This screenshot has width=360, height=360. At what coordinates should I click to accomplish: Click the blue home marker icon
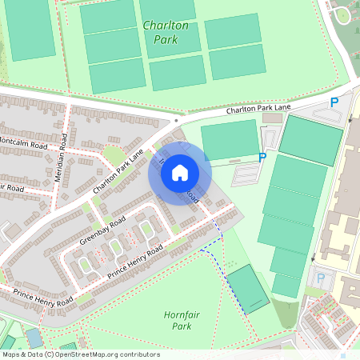click(x=180, y=173)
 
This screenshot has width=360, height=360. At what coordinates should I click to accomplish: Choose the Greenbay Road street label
click(x=102, y=230)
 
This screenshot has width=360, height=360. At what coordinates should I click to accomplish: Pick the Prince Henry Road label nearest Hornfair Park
click(x=135, y=262)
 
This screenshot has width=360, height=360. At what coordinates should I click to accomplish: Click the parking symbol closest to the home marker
click(x=262, y=158)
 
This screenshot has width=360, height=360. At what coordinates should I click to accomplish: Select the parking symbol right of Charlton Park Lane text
click(x=334, y=102)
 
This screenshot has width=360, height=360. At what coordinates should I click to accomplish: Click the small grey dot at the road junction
click(x=176, y=121)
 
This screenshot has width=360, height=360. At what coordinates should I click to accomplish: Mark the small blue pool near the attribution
click(x=34, y=338)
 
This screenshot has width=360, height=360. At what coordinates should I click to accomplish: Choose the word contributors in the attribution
click(x=138, y=354)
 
